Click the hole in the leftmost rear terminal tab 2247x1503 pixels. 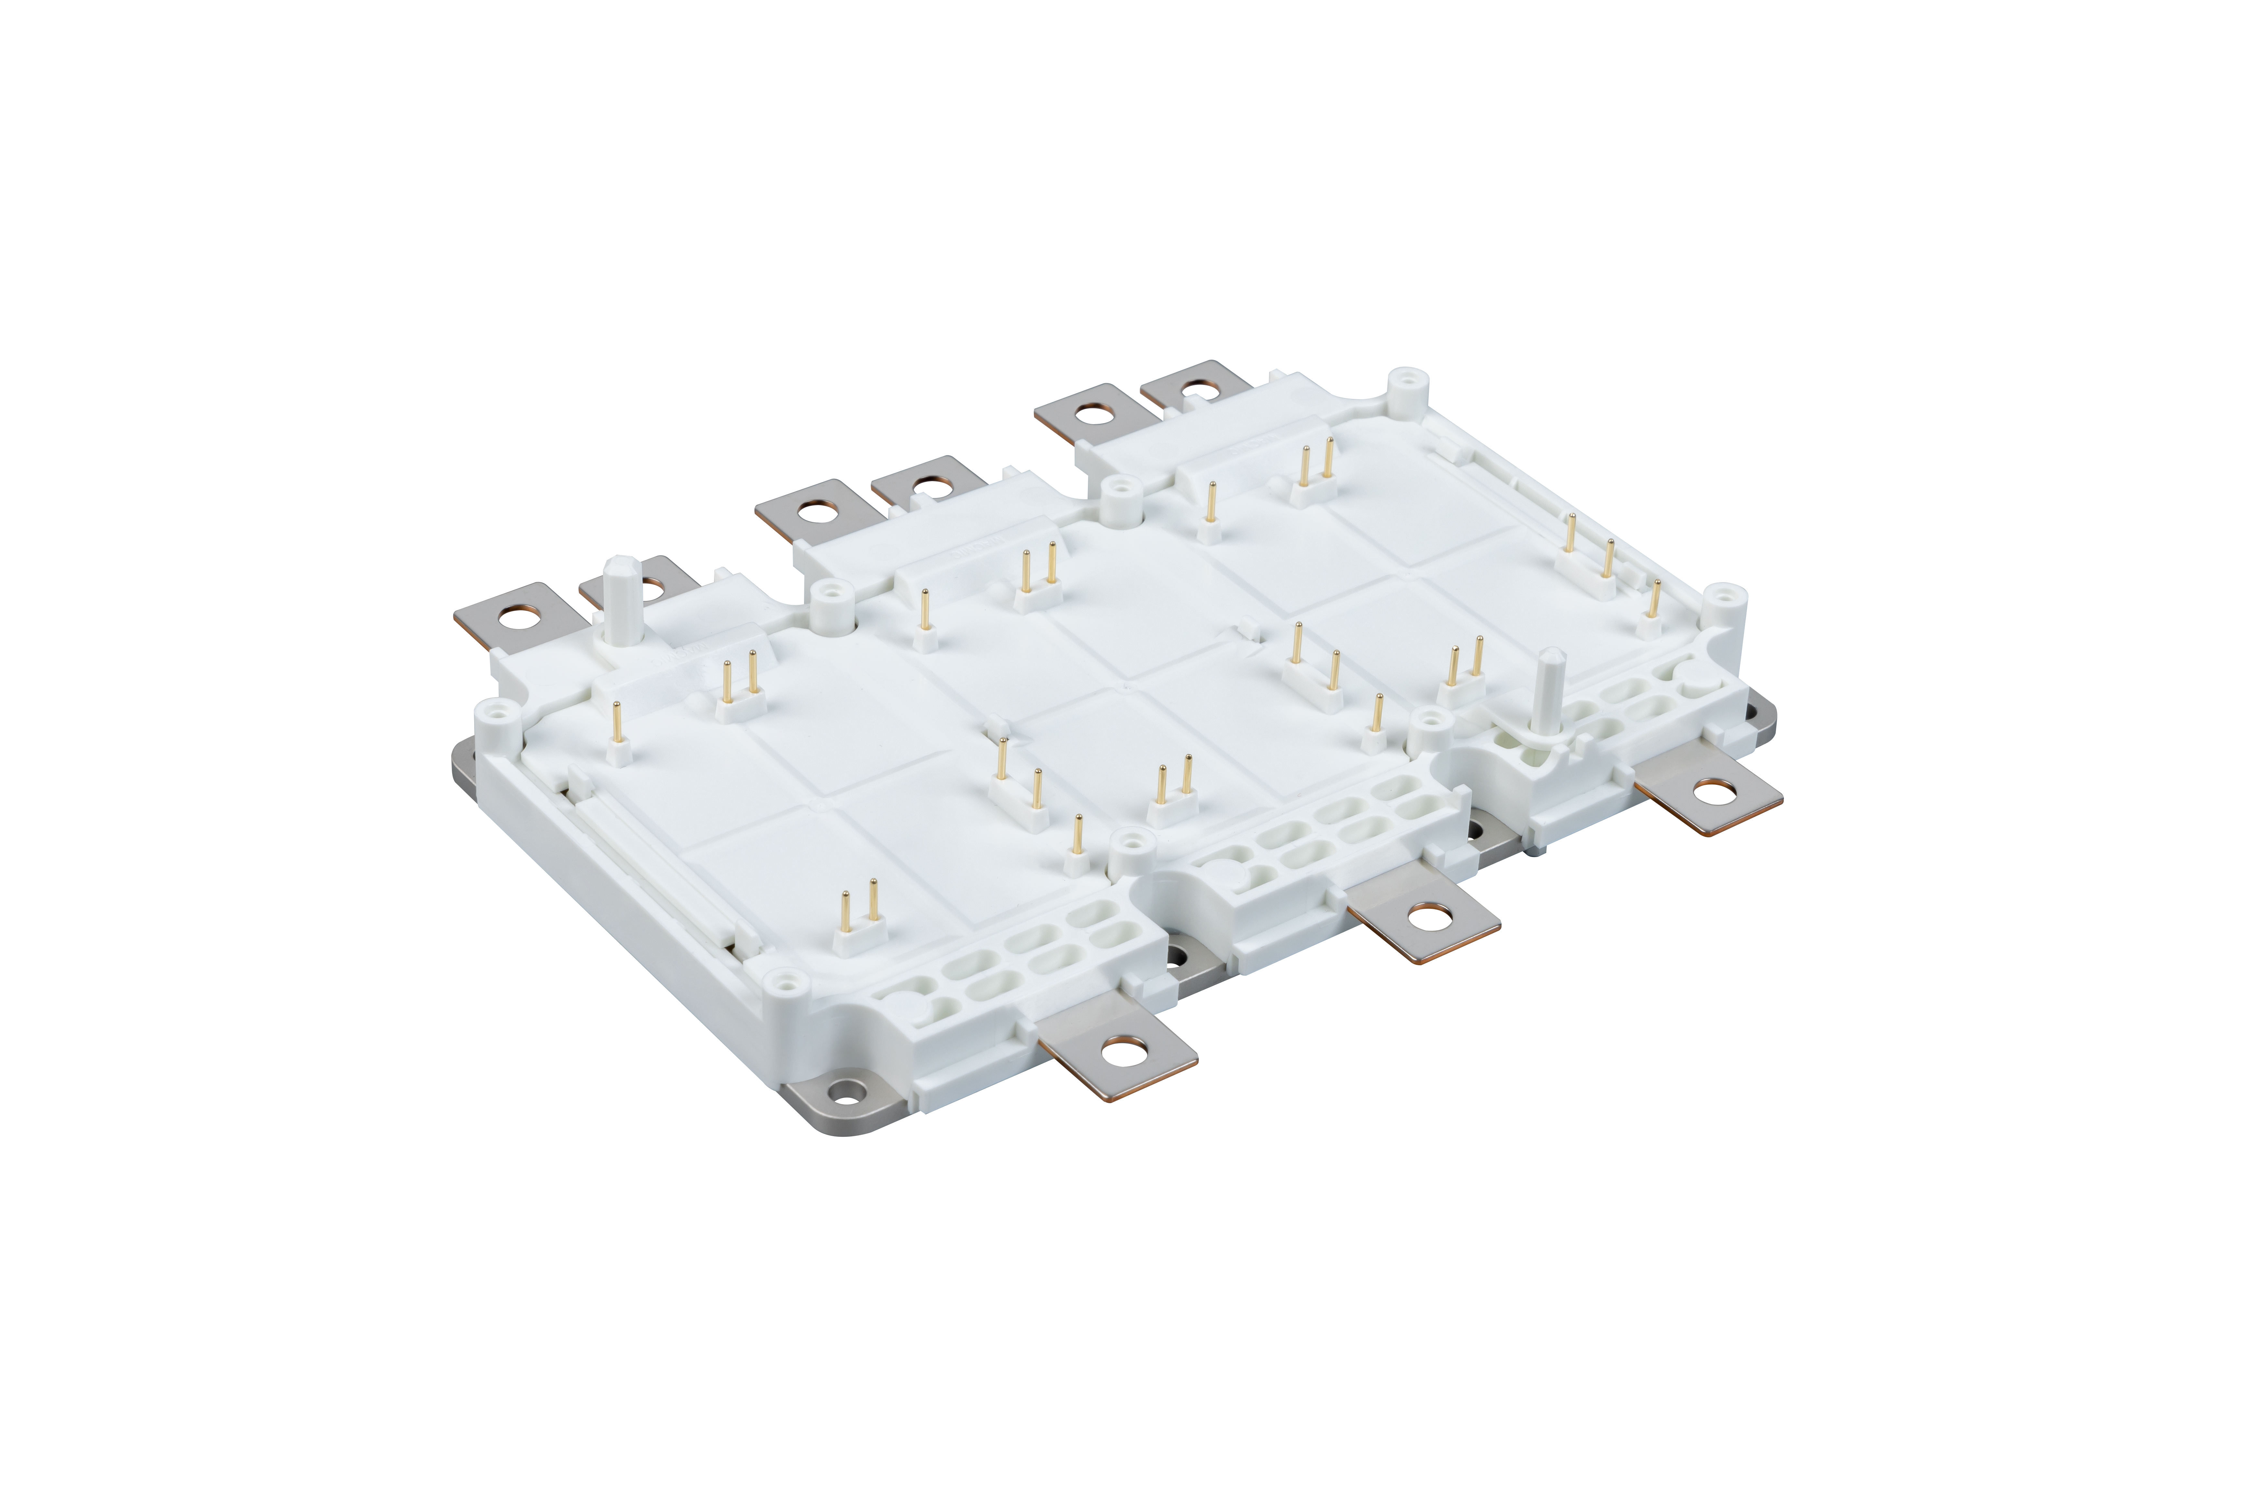click(x=518, y=618)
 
